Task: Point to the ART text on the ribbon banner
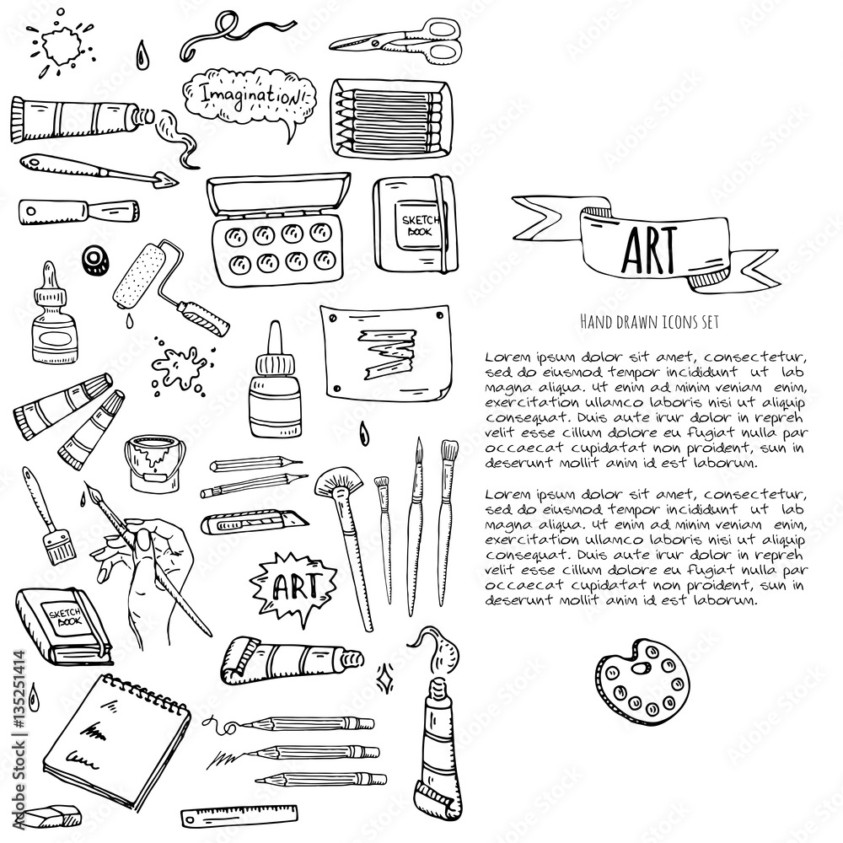pyautogui.click(x=647, y=245)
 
